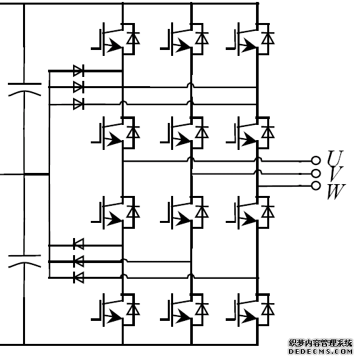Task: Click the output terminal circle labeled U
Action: [316, 160]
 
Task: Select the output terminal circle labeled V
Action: [316, 173]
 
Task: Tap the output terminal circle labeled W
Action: [316, 185]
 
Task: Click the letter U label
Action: [336, 158]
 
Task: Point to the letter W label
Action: [336, 191]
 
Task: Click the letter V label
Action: [336, 174]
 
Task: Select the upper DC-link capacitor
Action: [24, 89]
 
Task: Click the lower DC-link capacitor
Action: [24, 261]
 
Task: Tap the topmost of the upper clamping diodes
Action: [78, 70]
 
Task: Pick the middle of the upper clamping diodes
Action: [78, 87]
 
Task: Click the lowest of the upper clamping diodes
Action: [78, 104]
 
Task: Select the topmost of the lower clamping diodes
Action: [78, 244]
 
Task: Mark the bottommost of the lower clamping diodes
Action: [78, 277]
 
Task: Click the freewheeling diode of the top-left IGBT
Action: [133, 38]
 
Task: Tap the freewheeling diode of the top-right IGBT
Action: [268, 38]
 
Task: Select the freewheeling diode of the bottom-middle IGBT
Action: [201, 309]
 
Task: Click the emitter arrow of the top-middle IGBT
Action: [182, 45]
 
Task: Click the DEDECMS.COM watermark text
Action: [321, 352]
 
